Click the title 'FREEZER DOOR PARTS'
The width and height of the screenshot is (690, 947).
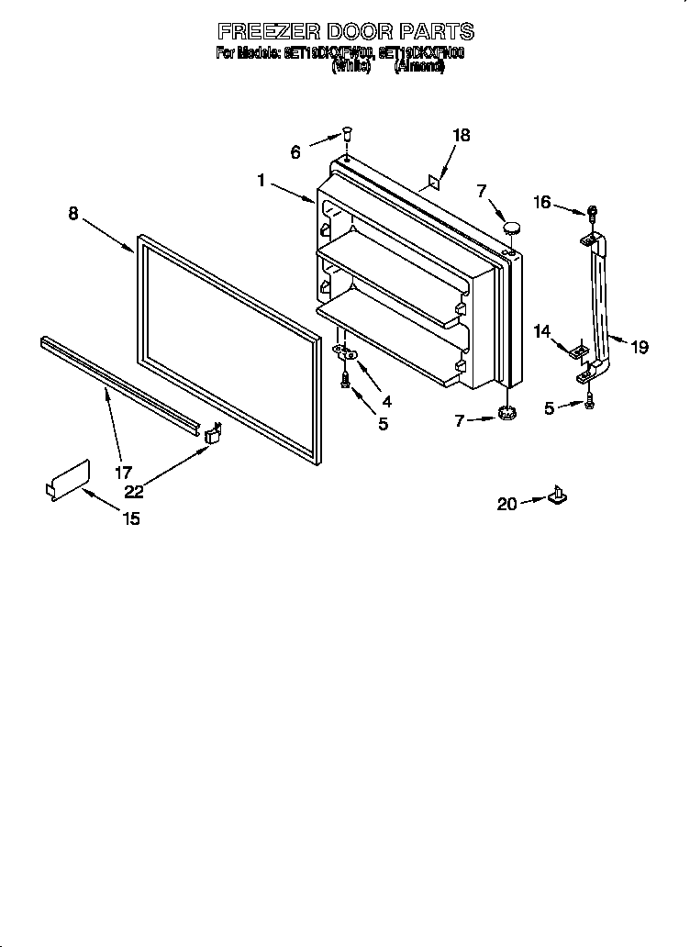(x=344, y=31)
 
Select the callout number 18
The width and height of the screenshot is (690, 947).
(x=461, y=135)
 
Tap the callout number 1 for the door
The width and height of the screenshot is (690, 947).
(x=262, y=182)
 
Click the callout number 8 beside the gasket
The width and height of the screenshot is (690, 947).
(x=72, y=214)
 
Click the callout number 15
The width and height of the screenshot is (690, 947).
(x=131, y=519)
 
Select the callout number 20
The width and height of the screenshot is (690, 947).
(x=506, y=503)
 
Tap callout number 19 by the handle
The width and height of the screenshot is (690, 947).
(x=640, y=347)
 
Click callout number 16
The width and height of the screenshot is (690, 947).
(x=543, y=202)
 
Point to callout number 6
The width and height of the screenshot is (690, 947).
(x=295, y=152)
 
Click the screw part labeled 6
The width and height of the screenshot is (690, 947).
(x=347, y=134)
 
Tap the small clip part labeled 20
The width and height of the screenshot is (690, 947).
(x=556, y=496)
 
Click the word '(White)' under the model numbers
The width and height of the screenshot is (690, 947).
(x=350, y=67)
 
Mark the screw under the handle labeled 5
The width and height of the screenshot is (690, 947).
(x=590, y=399)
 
